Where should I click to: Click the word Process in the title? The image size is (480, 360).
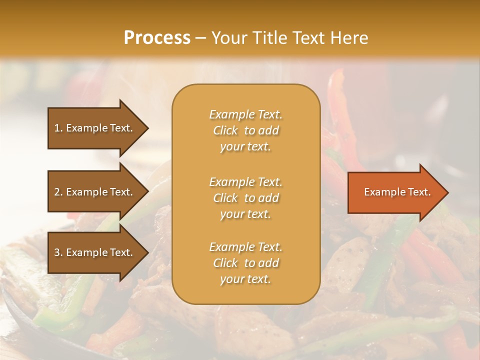(157, 37)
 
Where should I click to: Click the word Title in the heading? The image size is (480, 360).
(267, 37)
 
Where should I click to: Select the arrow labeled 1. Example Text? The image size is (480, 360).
(95, 128)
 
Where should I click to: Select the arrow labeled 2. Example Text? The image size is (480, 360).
(95, 192)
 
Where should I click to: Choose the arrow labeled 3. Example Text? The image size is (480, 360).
(95, 252)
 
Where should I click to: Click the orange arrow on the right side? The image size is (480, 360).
(395, 192)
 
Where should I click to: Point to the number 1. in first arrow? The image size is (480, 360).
(58, 128)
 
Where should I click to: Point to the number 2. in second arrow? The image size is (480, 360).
(58, 192)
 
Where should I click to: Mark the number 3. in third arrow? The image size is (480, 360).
(58, 252)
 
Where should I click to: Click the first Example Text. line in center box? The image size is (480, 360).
(245, 114)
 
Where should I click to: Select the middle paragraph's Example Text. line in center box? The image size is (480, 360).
(245, 181)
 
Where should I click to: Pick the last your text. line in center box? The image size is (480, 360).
(245, 279)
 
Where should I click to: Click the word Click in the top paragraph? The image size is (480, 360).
(225, 130)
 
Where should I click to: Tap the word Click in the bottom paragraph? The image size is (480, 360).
(225, 263)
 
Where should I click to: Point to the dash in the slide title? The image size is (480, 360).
(201, 38)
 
